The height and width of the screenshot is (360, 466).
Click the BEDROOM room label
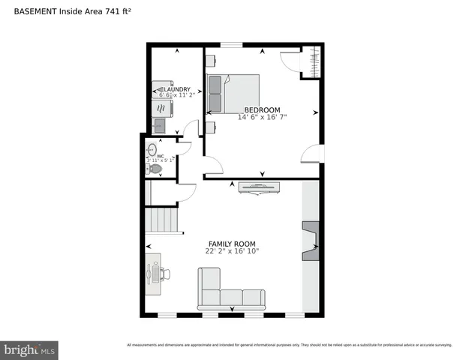(x=262, y=109)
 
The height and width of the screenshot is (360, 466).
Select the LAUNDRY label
(x=173, y=88)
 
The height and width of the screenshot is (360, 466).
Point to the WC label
(x=161, y=156)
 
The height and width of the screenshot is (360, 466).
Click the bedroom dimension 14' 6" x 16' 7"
(x=262, y=117)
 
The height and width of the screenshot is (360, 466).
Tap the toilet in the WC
(x=155, y=169)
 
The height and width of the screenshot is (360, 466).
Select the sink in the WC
(x=152, y=148)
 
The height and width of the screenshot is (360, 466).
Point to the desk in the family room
(x=154, y=272)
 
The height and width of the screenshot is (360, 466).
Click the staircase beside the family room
(x=162, y=221)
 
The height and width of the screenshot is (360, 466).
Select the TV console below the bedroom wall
(x=260, y=187)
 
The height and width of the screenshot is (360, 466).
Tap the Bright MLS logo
(x=30, y=350)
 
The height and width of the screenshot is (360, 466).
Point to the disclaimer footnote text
(x=289, y=345)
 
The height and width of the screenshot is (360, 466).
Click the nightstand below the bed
(x=211, y=127)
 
